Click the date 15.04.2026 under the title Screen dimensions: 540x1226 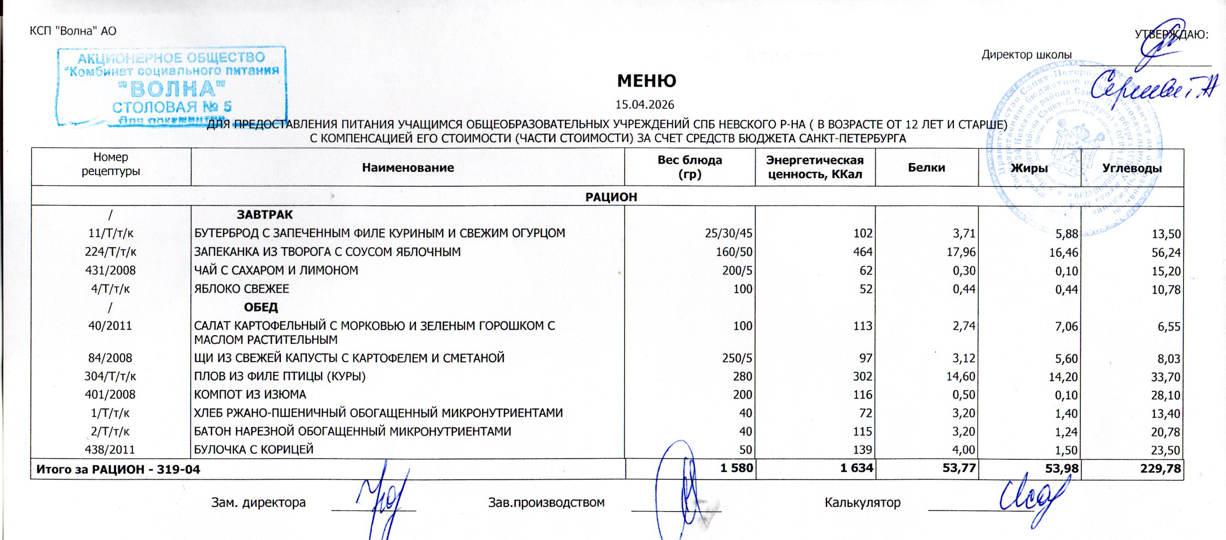(x=645, y=104)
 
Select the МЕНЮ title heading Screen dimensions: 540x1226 (x=647, y=81)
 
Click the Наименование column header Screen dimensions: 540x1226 (x=408, y=167)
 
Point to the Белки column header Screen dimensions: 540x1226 (x=926, y=167)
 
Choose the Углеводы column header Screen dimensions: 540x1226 (x=1132, y=168)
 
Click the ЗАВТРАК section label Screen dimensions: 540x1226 (x=265, y=215)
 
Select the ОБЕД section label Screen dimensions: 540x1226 (x=261, y=307)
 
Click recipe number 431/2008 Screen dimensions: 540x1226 (x=110, y=270)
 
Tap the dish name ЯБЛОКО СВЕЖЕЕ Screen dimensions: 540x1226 (x=242, y=289)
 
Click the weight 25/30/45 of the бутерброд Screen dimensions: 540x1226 (x=728, y=233)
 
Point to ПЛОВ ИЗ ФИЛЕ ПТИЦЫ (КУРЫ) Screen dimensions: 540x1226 (x=280, y=377)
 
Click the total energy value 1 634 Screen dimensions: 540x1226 (x=856, y=468)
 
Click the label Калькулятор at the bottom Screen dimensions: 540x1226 (x=862, y=502)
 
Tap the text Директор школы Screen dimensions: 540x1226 (x=1027, y=55)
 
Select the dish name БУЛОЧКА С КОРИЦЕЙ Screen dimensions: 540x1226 (x=254, y=450)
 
